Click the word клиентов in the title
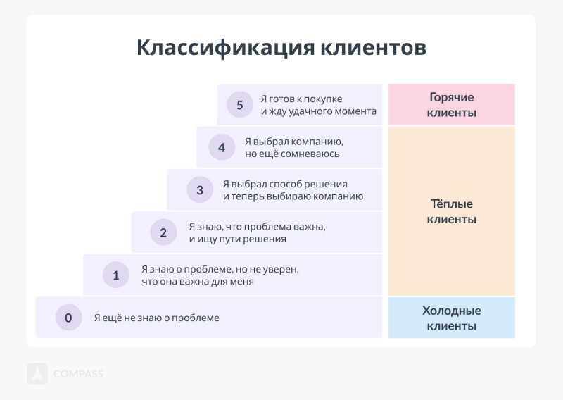click(x=373, y=48)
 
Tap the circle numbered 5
click(x=240, y=105)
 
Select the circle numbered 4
click(x=222, y=147)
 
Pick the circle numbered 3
click(x=200, y=189)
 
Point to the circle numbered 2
click(x=163, y=232)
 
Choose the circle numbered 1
click(x=116, y=275)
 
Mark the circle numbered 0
click(x=68, y=318)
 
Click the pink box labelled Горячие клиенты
click(x=452, y=105)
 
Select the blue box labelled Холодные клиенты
click(x=452, y=318)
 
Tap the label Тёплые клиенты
click(x=452, y=212)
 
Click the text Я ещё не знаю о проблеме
click(x=156, y=318)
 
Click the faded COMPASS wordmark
click(x=78, y=374)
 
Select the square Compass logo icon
click(x=37, y=373)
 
